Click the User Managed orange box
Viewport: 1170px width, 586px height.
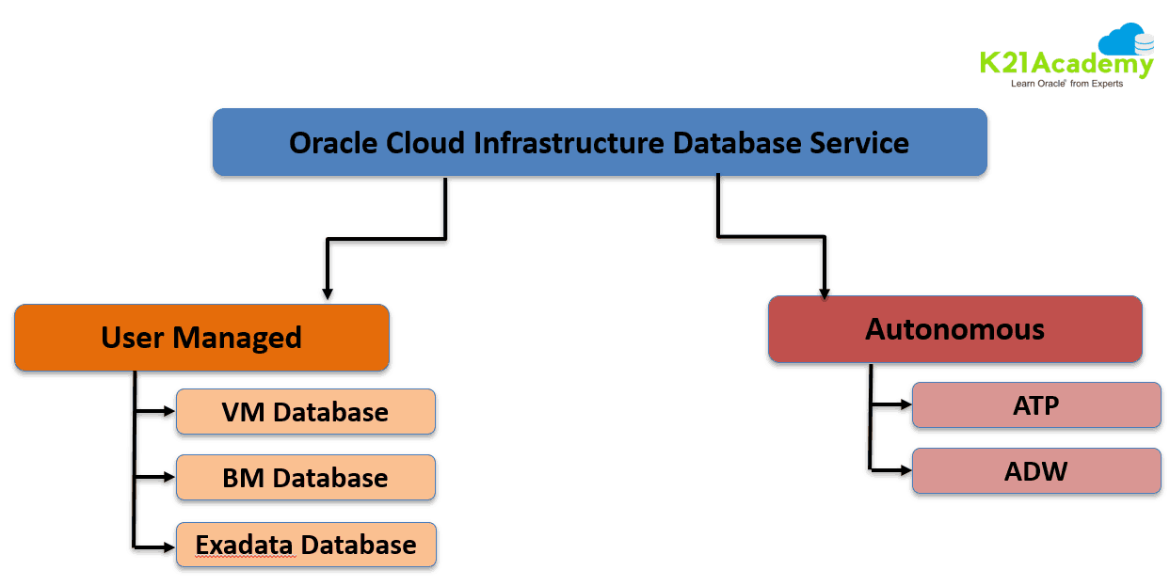tap(201, 337)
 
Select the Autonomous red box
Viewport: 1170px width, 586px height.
tap(954, 329)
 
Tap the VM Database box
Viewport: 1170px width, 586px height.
tap(305, 412)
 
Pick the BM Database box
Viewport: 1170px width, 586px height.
tap(305, 478)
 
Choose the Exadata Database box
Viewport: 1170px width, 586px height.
tap(305, 545)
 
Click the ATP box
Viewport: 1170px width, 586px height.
tap(1035, 405)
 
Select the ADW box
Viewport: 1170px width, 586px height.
tap(1035, 470)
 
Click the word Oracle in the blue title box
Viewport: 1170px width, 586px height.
tap(333, 143)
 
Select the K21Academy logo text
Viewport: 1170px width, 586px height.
tap(1066, 64)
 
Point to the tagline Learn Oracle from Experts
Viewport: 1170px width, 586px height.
tap(1066, 84)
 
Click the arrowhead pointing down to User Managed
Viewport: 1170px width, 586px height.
tap(327, 293)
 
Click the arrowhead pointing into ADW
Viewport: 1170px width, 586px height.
tap(906, 468)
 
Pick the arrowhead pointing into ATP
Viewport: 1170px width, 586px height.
tap(906, 405)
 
